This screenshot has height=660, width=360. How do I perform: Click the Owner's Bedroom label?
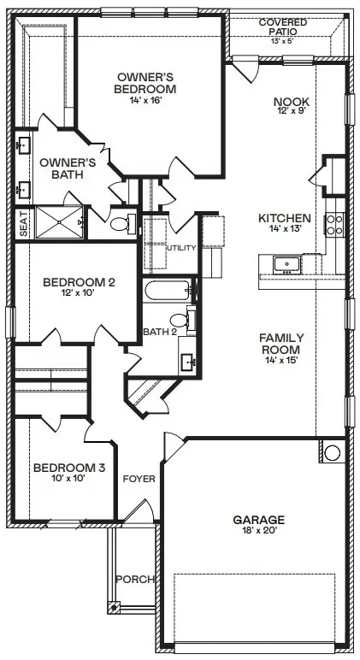coord(146,82)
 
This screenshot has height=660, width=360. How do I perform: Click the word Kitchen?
coord(284,218)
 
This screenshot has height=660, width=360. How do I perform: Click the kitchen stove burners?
coord(333,225)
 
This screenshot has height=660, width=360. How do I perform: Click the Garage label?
coord(259,519)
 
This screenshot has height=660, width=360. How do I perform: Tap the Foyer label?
coord(139,479)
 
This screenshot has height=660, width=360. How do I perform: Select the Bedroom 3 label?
coord(69,468)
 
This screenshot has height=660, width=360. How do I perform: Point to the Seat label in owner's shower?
coord(24,224)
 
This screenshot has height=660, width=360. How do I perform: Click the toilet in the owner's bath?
coord(121,224)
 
